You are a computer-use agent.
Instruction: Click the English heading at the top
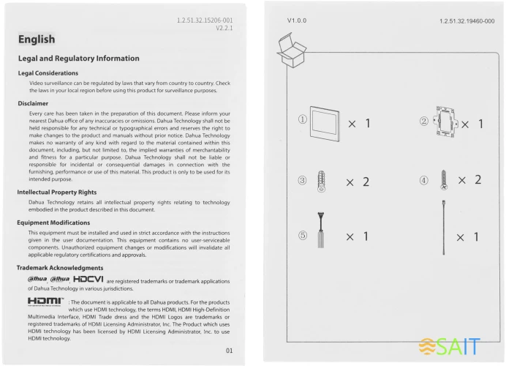37,40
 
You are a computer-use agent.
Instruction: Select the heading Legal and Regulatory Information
79,59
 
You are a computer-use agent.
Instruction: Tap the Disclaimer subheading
34,104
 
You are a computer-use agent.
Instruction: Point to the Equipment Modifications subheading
54,223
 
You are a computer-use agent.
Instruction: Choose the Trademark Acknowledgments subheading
60,268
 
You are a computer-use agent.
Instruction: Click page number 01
229,350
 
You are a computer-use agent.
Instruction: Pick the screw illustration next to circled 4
444,180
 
